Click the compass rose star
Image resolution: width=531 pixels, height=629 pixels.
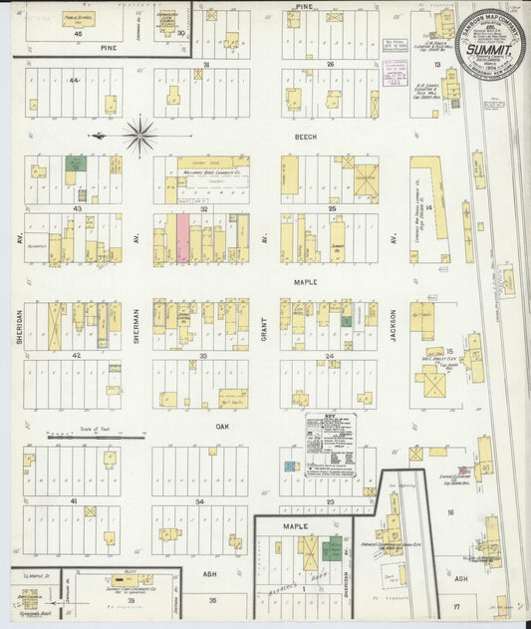(x=139, y=135)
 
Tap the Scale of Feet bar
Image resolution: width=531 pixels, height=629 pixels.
(x=86, y=437)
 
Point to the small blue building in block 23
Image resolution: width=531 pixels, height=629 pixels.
(x=289, y=466)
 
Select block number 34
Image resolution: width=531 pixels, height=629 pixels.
(x=200, y=501)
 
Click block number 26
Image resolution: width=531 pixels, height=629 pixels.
(x=328, y=65)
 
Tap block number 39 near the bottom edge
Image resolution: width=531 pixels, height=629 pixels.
(x=131, y=602)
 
